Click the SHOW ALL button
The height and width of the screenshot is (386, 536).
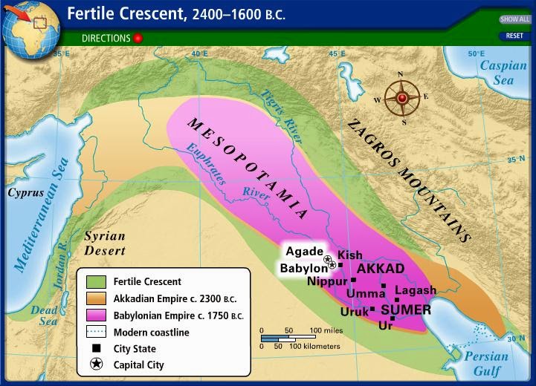click(x=514, y=19)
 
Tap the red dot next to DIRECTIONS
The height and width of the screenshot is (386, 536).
click(x=138, y=38)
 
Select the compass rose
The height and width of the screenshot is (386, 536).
click(x=401, y=98)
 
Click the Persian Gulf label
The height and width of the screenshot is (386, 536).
click(x=486, y=362)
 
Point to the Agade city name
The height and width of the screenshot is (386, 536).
click(x=305, y=252)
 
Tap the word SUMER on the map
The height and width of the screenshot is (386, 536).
click(x=405, y=309)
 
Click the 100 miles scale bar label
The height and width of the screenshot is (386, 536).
click(x=325, y=330)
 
